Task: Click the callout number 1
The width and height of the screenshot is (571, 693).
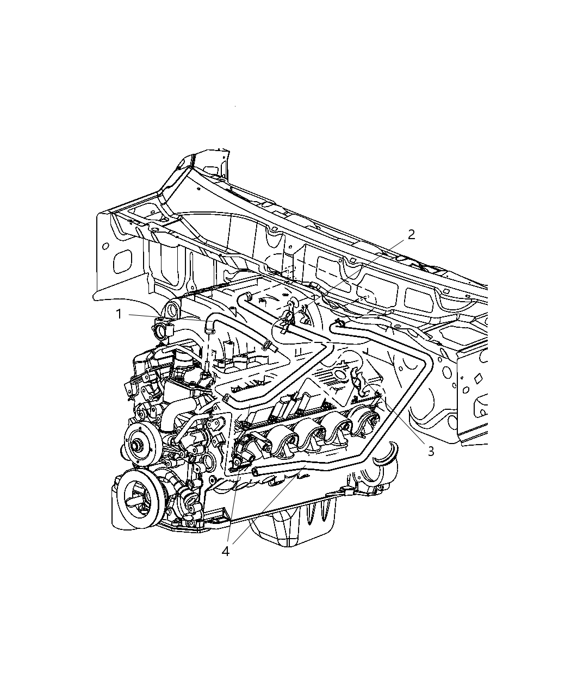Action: tap(119, 314)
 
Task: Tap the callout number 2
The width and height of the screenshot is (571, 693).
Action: tap(411, 235)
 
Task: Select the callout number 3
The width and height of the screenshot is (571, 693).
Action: tap(431, 451)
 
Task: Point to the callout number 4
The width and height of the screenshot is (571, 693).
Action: tap(226, 552)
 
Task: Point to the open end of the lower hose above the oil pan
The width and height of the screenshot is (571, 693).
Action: tap(255, 471)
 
